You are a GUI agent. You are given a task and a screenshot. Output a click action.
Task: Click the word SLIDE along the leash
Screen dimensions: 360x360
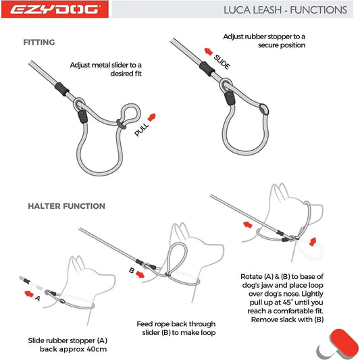pos(221,62)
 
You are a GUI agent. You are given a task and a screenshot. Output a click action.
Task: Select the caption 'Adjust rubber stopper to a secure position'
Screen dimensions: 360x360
pos(264,41)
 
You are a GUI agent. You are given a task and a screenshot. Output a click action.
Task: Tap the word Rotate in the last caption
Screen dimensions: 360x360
pos(255,277)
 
